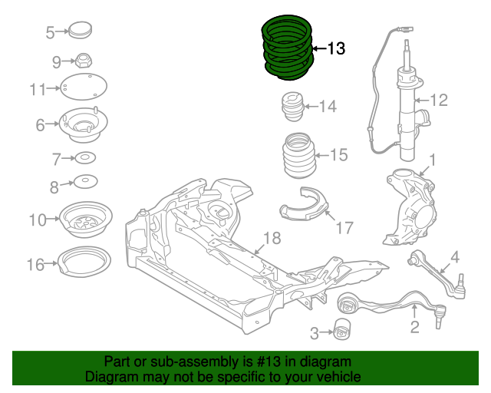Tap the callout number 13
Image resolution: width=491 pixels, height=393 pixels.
click(336, 49)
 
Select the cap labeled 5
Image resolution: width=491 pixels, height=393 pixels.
click(80, 32)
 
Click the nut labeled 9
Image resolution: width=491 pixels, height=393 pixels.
click(84, 60)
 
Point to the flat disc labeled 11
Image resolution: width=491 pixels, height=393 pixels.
click(84, 88)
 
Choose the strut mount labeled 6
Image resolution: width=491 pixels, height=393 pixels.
click(84, 124)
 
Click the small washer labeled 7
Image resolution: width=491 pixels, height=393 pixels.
click(84, 159)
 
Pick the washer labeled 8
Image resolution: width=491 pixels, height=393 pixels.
click(85, 183)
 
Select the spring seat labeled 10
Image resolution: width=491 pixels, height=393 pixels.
click(86, 220)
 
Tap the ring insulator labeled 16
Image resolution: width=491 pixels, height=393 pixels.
click(85, 265)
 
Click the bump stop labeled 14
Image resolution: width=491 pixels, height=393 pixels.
click(293, 107)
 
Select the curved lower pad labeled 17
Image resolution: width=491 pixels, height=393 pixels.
click(304, 205)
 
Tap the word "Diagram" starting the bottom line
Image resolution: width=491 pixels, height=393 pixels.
click(107, 377)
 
